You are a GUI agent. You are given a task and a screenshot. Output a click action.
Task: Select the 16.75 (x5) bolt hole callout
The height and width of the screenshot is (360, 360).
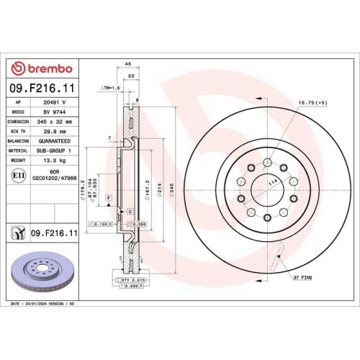click(x=312, y=103)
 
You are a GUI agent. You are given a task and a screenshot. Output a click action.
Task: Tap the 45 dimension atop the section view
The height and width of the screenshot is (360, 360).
click(x=127, y=63)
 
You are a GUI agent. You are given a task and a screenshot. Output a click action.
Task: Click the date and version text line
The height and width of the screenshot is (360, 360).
click(x=43, y=304)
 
